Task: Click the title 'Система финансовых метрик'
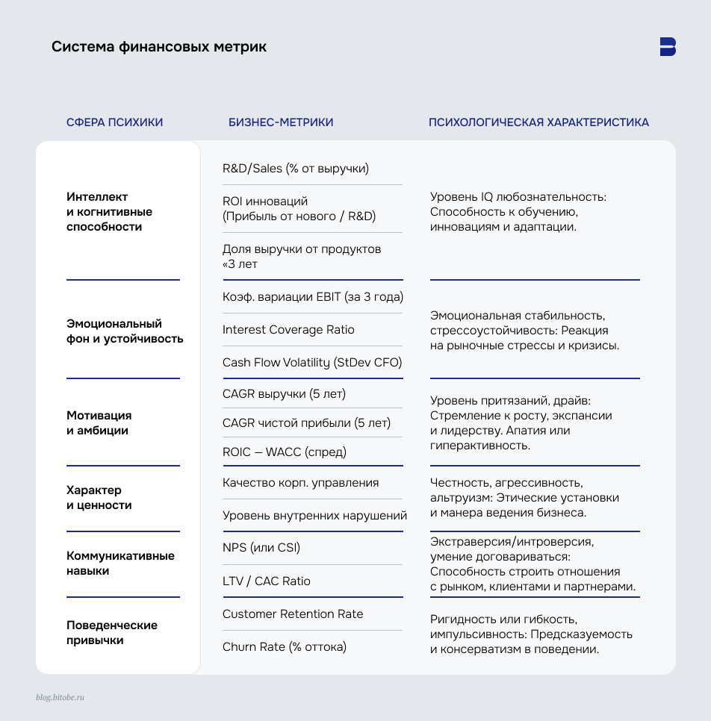(158, 47)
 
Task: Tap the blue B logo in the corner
(668, 46)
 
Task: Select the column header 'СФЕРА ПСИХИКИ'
(114, 122)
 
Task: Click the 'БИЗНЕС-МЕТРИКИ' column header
(281, 122)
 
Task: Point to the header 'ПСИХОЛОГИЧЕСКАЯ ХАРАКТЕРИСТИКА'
(538, 122)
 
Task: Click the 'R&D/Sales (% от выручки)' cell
(296, 169)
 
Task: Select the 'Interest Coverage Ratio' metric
(288, 330)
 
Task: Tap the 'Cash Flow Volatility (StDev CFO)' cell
(312, 363)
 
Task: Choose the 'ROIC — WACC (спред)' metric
(285, 452)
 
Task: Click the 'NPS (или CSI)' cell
(261, 548)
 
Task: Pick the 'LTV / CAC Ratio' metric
(267, 581)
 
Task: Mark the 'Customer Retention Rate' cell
(293, 614)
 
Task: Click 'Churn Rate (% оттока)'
(285, 647)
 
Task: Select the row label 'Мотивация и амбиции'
(99, 423)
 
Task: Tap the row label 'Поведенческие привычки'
(111, 633)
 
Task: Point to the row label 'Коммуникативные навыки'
(120, 564)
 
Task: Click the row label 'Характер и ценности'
(99, 498)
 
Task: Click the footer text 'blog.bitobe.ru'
(60, 697)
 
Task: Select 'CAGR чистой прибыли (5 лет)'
(306, 423)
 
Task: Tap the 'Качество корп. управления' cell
(300, 483)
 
